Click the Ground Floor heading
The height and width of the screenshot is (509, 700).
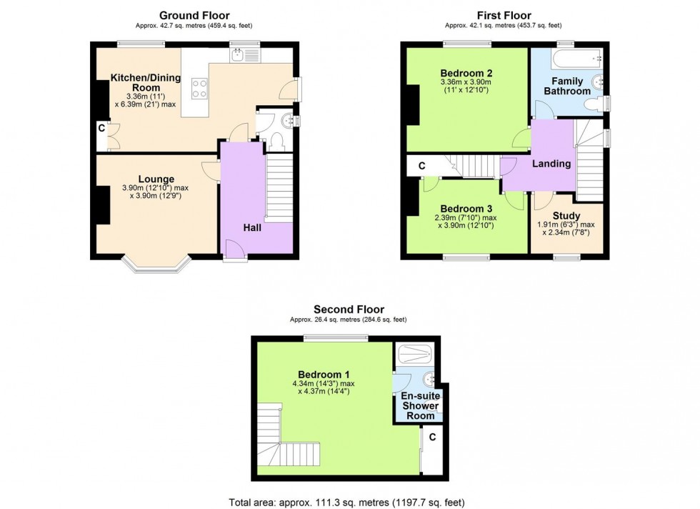pyautogui.click(x=194, y=15)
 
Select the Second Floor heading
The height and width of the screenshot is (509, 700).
pyautogui.click(x=349, y=309)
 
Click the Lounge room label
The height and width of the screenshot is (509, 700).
pyautogui.click(x=156, y=179)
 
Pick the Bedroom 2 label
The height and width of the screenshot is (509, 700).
pyautogui.click(x=466, y=73)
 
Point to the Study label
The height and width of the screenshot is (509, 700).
pyautogui.click(x=566, y=215)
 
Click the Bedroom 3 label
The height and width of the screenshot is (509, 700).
pyautogui.click(x=466, y=209)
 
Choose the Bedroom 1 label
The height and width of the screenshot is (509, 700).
pyautogui.click(x=324, y=374)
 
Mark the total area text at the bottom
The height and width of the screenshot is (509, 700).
pyautogui.click(x=349, y=501)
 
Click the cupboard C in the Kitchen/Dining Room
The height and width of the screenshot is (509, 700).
pyautogui.click(x=101, y=129)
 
